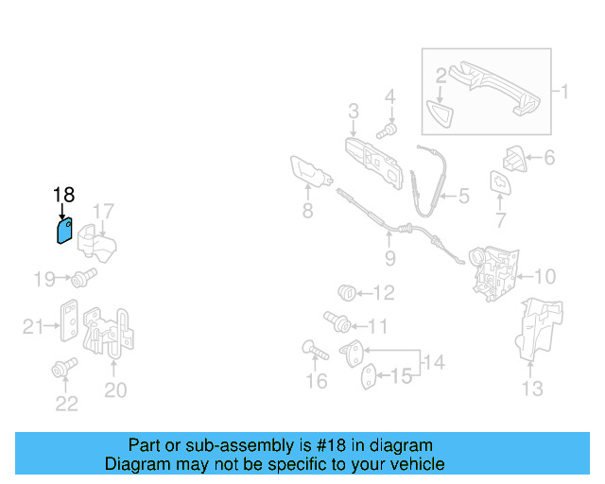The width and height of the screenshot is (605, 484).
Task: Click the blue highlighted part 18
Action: pos(64,231)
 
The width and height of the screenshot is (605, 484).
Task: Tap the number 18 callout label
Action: pos(63,195)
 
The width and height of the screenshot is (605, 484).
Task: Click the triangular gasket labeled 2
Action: pos(440,113)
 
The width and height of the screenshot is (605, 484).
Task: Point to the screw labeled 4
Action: pos(387,130)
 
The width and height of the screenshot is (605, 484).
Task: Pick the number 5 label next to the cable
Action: pos(464,196)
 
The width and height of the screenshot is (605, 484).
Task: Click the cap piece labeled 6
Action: pos(514,159)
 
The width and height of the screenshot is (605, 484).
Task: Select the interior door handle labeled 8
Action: pos(311,173)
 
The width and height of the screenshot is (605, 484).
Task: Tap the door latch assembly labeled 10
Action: pos(493,273)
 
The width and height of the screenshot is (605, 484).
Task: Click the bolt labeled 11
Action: pos(337,322)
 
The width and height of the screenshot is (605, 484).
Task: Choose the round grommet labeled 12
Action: pos(347,293)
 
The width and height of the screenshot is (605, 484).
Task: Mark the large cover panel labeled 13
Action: pos(539,329)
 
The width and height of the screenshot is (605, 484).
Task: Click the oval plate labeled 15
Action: pos(369,376)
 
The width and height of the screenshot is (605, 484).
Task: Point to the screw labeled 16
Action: pos(315,350)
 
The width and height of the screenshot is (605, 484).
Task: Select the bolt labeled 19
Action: pos(84,278)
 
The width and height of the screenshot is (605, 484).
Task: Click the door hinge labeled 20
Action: pos(109,332)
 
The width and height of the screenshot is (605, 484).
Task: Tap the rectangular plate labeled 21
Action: pos(69,320)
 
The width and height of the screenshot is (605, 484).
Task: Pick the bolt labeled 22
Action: pos(64,368)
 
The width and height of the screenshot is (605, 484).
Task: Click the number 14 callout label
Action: pos(434,362)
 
